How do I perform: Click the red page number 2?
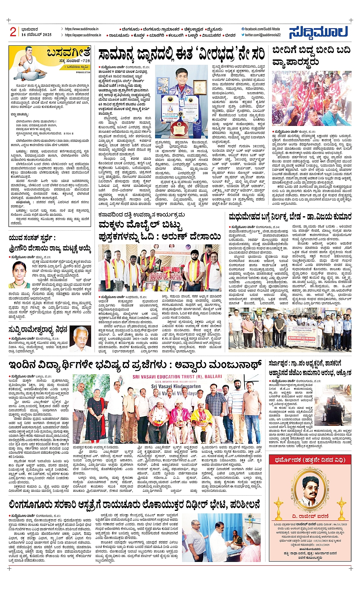pyautogui.click(x=13, y=32)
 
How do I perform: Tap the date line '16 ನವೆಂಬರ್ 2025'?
pyautogui.click(x=36, y=35)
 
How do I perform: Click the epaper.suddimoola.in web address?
pyautogui.click(x=83, y=35)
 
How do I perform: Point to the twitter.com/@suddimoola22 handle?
pyautogui.click(x=262, y=35)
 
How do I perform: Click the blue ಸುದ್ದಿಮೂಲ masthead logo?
pyautogui.click(x=318, y=32)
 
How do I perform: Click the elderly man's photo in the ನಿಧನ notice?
pyautogui.click(x=81, y=338)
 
